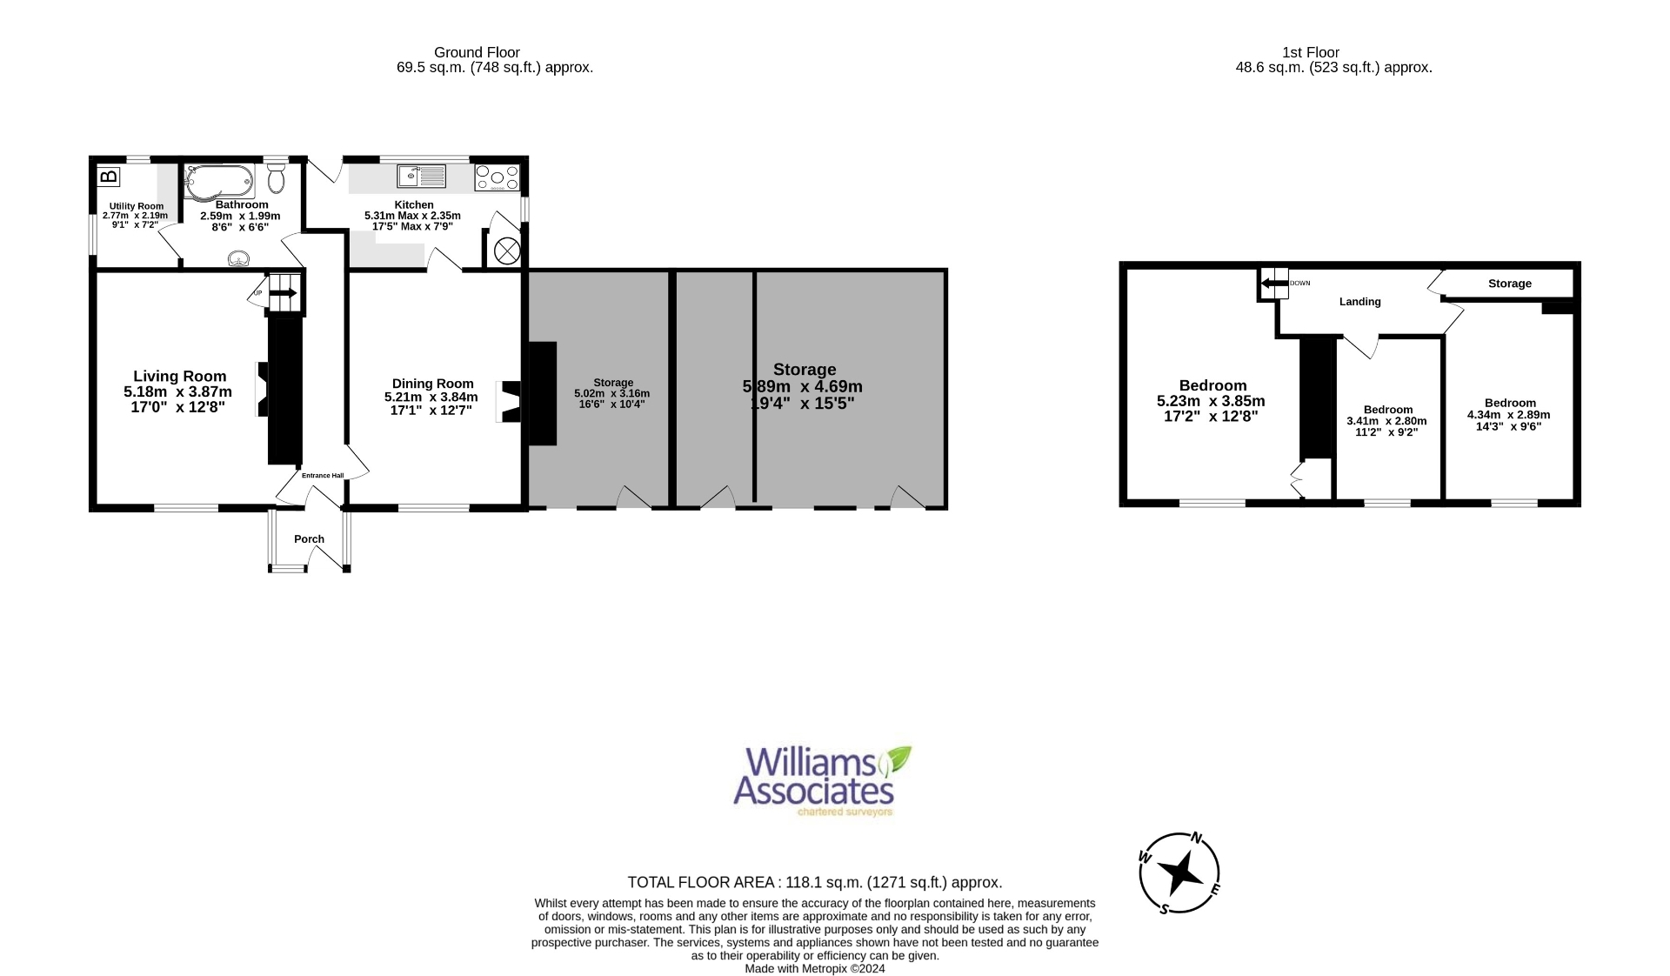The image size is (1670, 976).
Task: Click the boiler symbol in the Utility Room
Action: pyautogui.click(x=109, y=177)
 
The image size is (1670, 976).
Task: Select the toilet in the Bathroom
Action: pyautogui.click(x=277, y=180)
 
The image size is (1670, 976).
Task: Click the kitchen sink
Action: pyautogui.click(x=422, y=177)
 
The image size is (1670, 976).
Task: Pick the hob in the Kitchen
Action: pyautogui.click(x=497, y=178)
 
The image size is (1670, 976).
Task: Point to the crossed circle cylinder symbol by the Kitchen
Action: pyautogui.click(x=506, y=251)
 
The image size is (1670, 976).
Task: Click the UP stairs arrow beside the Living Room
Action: pyautogui.click(x=283, y=294)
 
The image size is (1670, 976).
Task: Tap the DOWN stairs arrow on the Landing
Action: pyautogui.click(x=1275, y=283)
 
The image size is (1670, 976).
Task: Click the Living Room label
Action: pyautogui.click(x=179, y=377)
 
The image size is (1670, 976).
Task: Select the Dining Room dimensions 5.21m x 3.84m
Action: pyautogui.click(x=431, y=398)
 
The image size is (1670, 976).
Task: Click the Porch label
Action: pyautogui.click(x=309, y=539)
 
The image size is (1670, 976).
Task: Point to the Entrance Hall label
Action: pyautogui.click(x=323, y=476)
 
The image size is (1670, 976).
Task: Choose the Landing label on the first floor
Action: pyautogui.click(x=1359, y=302)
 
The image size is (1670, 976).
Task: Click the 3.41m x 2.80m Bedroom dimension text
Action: pyautogui.click(x=1386, y=421)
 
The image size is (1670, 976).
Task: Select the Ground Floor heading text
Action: pyautogui.click(x=477, y=52)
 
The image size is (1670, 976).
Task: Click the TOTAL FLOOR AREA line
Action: pyautogui.click(x=815, y=882)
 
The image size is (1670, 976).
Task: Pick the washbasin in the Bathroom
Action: pyautogui.click(x=237, y=258)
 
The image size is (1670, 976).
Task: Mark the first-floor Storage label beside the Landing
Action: pyautogui.click(x=1509, y=284)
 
